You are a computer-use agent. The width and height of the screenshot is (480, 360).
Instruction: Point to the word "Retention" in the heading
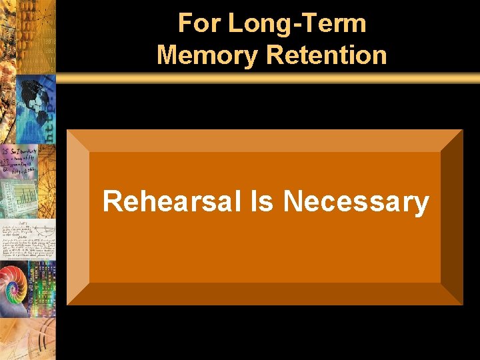pos(327,55)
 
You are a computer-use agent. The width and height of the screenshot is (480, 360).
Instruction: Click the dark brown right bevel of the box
pos(451,217)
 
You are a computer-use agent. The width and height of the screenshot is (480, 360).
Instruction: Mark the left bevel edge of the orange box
pos(78,217)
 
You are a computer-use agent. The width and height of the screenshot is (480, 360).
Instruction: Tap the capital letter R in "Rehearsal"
pos(112,201)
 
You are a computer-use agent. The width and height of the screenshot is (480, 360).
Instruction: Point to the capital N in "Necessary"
pos(293,201)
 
